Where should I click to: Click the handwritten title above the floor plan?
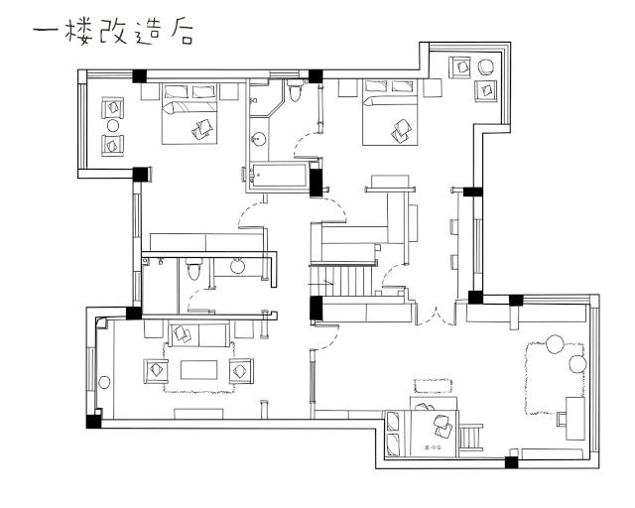point(114,32)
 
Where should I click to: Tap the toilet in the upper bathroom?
point(294,92)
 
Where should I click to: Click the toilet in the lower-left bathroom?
point(195,268)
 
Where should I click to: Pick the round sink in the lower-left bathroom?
point(238,265)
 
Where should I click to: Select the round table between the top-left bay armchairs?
point(112,126)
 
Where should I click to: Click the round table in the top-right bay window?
point(487,67)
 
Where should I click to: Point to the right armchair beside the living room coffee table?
point(240,370)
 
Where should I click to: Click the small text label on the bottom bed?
point(433,447)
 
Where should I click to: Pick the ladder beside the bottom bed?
point(470,436)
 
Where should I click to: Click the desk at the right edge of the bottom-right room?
point(573,418)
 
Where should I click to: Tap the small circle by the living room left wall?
point(100,323)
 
